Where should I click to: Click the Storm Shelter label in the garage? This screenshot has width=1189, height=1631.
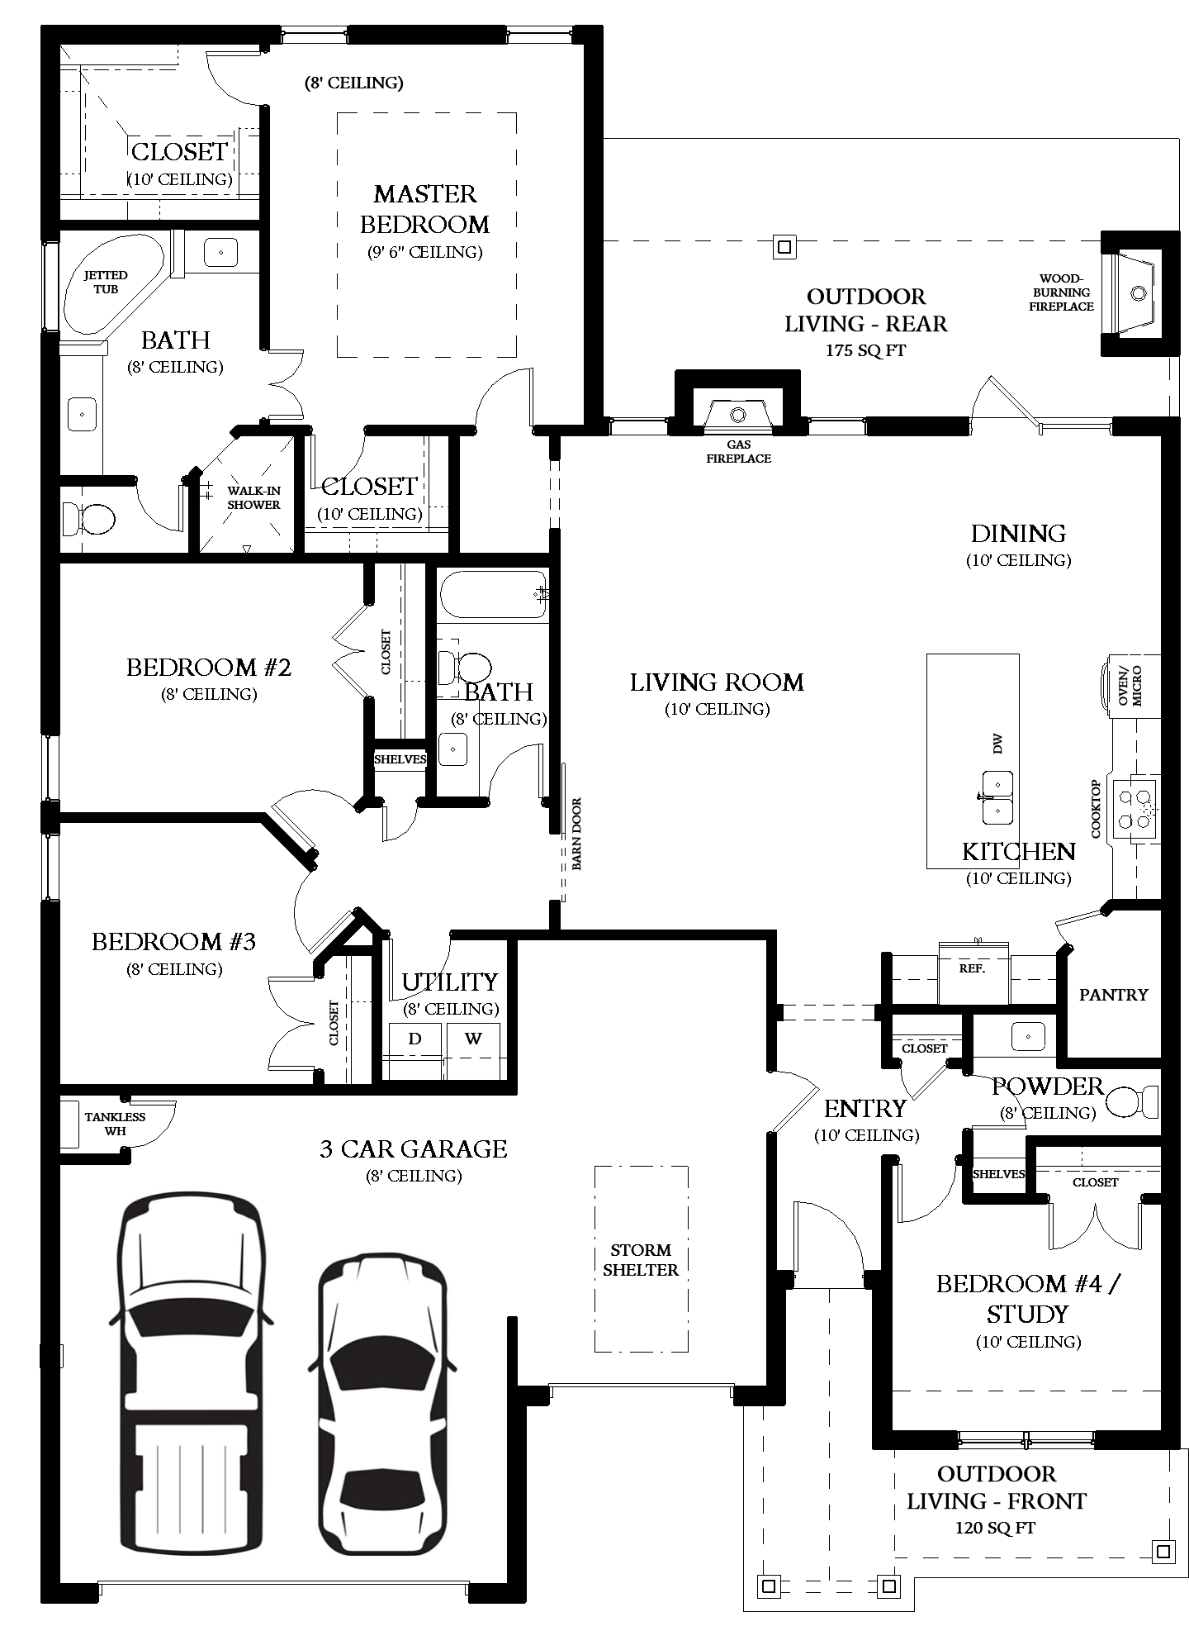coord(640,1259)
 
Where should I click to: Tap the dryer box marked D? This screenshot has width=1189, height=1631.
coord(414,1039)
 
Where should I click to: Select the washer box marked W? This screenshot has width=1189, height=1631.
coord(473,1039)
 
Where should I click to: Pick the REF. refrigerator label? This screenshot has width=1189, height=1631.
coord(972,968)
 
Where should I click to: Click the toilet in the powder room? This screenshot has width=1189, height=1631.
coord(1135,1101)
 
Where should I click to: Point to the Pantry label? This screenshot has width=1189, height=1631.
coord(1113,994)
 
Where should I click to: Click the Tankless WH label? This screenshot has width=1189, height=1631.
coord(115,1124)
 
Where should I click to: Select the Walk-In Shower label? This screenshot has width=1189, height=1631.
coord(253,497)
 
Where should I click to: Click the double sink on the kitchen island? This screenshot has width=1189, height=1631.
coord(997,796)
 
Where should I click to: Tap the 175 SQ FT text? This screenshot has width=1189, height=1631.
coord(865,350)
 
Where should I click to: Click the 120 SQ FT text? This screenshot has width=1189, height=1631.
coord(995,1528)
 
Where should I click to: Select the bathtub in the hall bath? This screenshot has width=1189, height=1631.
coord(493,595)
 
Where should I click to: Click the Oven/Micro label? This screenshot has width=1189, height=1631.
coord(1129,684)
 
